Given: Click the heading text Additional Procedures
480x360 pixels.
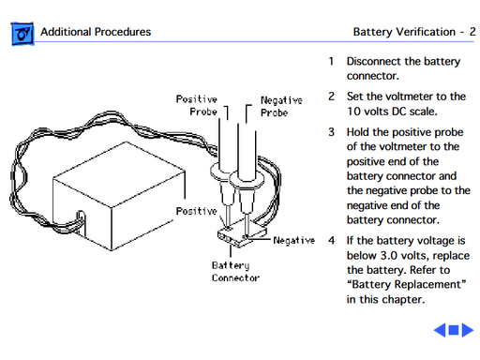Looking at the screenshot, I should coord(96,33).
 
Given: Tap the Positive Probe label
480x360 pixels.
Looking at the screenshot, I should coord(197,105).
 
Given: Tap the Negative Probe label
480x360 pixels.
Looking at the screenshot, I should coord(280,105).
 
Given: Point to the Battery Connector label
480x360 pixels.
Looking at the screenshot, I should coord(235,271).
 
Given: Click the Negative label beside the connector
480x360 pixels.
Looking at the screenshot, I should coord(293,240).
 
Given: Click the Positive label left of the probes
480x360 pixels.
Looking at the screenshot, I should coord(196,211).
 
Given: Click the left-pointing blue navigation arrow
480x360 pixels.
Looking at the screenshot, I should coord(439,331).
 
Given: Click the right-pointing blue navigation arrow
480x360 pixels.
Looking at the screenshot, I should coord(468,331).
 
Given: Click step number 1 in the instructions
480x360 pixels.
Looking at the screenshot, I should coord(331,61).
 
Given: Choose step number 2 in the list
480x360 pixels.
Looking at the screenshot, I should coord(331,96).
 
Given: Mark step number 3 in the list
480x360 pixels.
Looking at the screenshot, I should coord(331,131).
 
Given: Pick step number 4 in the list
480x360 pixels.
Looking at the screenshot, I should coord(331,239).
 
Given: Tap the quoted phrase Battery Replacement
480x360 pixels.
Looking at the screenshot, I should coord(406,284).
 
